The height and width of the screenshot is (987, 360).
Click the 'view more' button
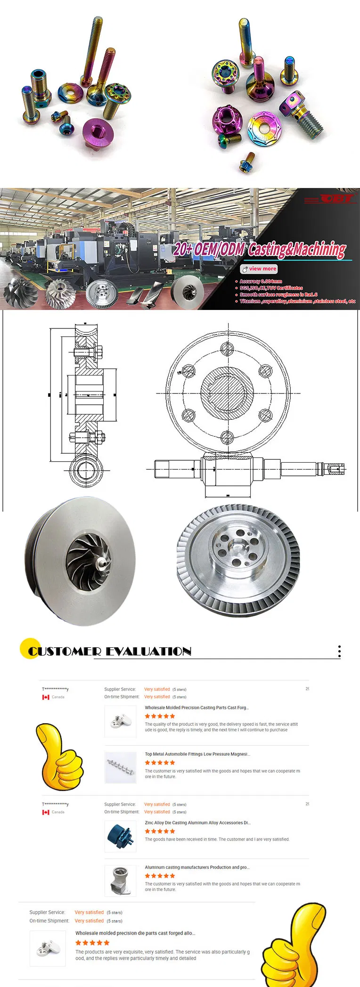click(259, 269)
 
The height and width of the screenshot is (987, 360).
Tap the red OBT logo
click(336, 199)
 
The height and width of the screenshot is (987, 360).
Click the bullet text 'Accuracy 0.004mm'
click(261, 281)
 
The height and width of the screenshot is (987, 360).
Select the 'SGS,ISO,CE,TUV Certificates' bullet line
click(271, 288)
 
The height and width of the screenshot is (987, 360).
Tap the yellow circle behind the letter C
click(30, 648)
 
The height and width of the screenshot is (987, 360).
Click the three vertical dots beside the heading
click(339, 652)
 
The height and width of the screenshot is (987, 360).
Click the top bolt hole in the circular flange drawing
click(227, 349)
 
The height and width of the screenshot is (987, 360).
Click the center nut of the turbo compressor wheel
click(101, 562)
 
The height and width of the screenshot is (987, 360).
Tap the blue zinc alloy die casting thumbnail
click(120, 835)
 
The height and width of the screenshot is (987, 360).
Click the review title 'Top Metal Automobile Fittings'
click(197, 754)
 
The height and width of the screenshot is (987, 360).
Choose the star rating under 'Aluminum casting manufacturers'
click(160, 876)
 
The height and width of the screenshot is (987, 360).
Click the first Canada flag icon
click(46, 697)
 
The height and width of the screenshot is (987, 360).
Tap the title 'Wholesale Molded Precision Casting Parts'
click(196, 708)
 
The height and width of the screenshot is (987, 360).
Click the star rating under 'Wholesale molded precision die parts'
click(92, 943)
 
